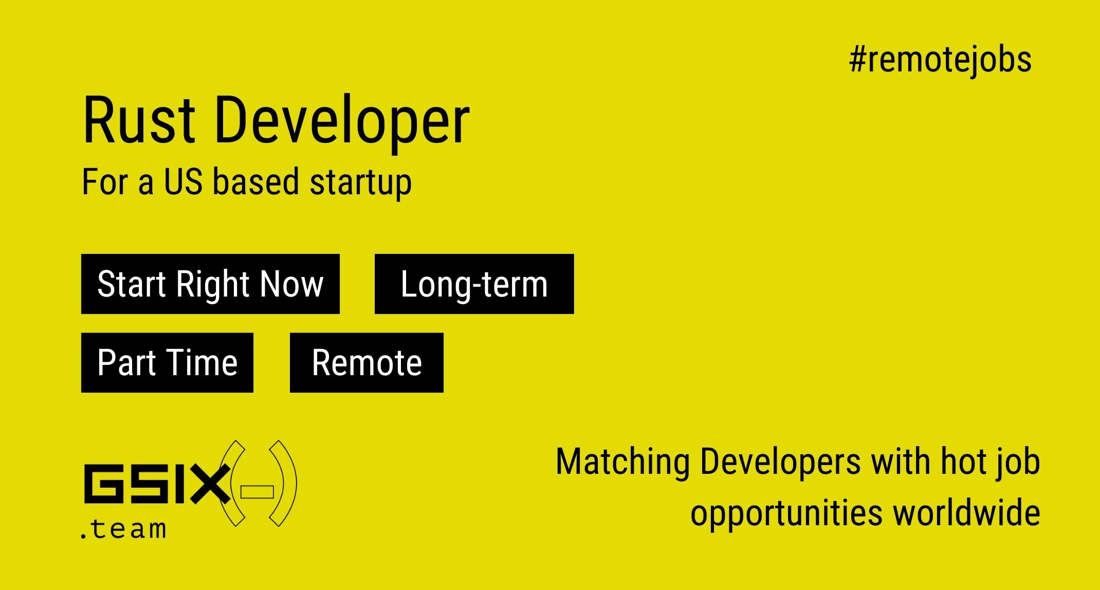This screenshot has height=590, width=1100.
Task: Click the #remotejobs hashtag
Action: [x=940, y=60]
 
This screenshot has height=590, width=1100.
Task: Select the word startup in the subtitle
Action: [x=360, y=182]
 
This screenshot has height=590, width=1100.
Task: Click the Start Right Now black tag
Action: [x=210, y=284]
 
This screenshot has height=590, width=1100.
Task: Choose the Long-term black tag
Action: [x=474, y=284]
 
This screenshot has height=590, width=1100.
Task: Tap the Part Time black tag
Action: [x=167, y=362]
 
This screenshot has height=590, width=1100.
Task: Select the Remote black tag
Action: [x=366, y=362]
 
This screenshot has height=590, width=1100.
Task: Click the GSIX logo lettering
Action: [x=157, y=484]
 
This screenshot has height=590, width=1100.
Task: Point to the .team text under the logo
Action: [x=123, y=528]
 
